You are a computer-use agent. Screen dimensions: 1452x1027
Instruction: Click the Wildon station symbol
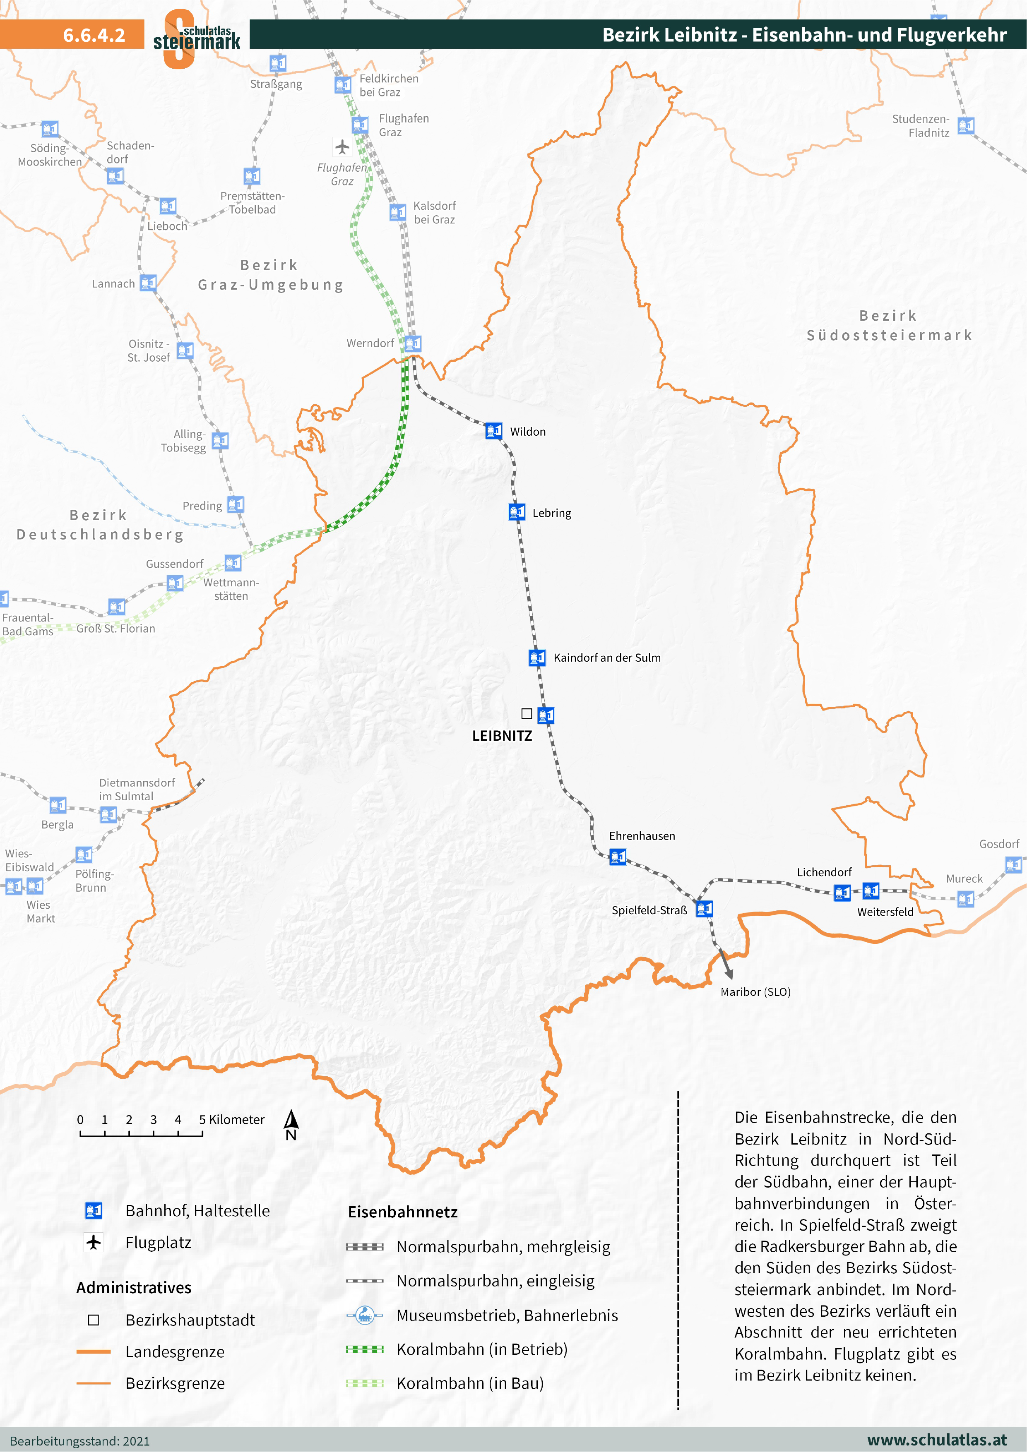(x=493, y=431)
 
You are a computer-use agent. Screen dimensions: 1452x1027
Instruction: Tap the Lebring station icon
(x=516, y=511)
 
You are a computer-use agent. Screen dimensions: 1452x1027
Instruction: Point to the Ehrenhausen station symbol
(x=618, y=857)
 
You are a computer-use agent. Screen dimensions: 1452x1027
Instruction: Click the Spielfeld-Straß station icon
(x=704, y=909)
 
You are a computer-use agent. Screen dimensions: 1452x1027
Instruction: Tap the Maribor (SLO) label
(x=755, y=991)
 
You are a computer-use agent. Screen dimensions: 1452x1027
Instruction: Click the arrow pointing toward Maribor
(x=725, y=964)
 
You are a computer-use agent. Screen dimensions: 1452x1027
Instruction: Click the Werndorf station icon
(x=413, y=343)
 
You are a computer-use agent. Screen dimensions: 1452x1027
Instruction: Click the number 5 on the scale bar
(x=202, y=1119)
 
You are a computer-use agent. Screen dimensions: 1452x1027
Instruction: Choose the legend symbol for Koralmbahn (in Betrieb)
(x=365, y=1349)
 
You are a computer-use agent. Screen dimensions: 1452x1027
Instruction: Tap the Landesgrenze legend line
(x=94, y=1351)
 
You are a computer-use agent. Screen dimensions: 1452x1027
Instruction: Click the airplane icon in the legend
(x=94, y=1242)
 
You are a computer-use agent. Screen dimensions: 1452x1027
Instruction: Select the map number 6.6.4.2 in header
(x=94, y=35)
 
